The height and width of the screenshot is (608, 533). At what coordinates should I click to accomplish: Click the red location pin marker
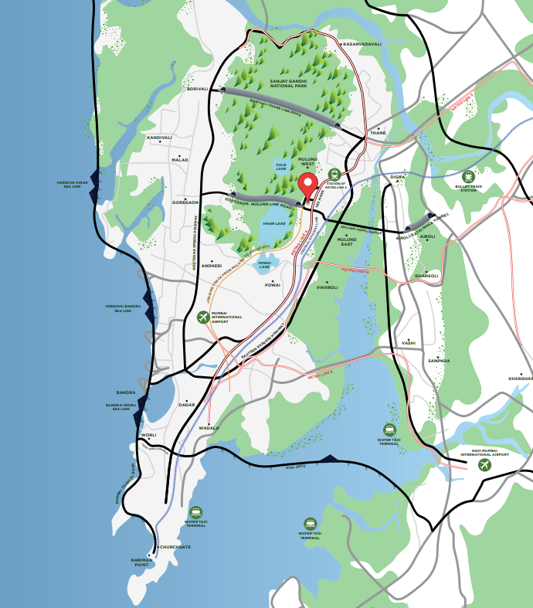pos(309,187)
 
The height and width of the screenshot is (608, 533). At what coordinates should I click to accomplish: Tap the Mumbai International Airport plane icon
pos(203,317)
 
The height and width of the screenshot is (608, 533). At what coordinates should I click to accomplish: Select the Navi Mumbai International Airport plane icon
pos(485,465)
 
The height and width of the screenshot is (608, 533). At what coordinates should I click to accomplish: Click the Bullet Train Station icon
pos(467,177)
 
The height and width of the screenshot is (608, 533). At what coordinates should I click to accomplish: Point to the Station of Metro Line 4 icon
pos(334,175)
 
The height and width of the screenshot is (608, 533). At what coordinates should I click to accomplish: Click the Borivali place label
pos(198,89)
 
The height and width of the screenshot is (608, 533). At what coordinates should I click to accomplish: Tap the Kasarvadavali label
pos(362,44)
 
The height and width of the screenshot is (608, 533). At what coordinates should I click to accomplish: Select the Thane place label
pos(378,133)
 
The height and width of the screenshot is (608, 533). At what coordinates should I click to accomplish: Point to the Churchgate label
pos(175,547)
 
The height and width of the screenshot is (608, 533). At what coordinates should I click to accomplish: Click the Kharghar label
pos(521,379)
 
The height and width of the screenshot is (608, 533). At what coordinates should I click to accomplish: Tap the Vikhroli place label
pos(327,287)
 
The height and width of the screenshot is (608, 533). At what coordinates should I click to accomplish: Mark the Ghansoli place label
pos(426,276)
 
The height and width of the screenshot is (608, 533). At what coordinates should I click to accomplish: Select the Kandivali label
pos(159,138)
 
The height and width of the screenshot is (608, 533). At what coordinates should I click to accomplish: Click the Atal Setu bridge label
pos(295,467)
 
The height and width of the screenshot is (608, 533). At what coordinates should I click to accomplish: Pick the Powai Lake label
pos(265,265)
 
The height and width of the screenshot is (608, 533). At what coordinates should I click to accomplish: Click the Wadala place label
pos(209,427)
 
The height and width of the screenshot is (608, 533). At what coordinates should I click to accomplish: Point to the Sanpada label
pos(439,361)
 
